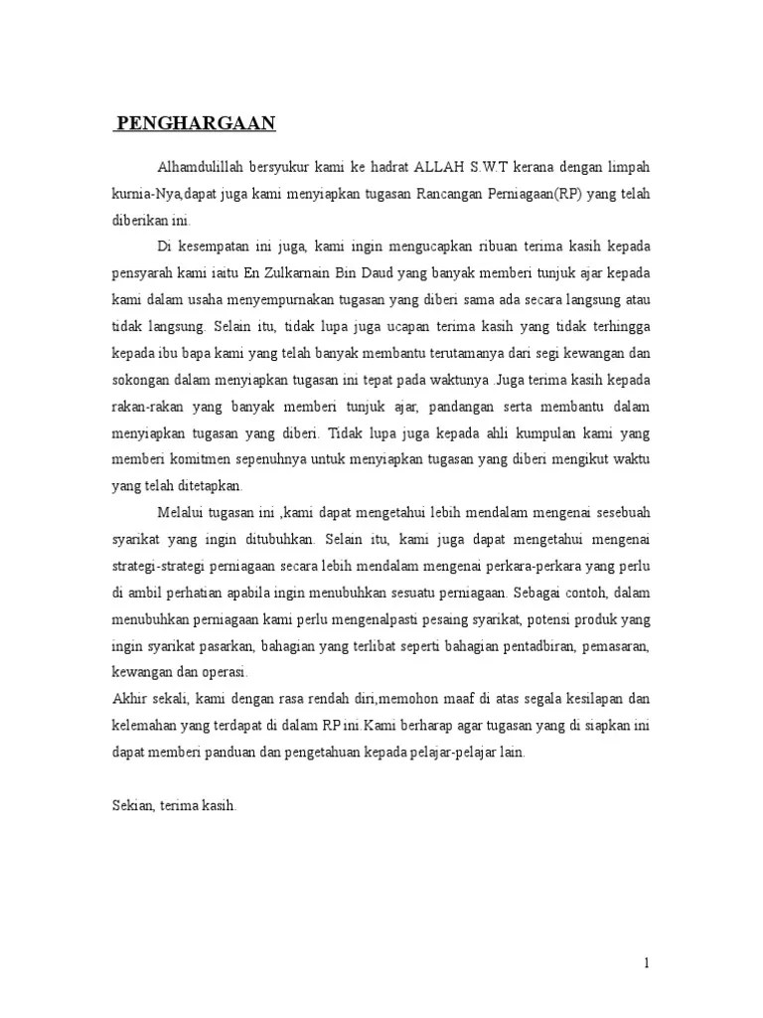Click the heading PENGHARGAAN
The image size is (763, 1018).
click(196, 124)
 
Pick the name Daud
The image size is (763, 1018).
click(373, 272)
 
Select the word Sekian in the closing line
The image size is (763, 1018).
click(131, 806)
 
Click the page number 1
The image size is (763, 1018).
click(647, 963)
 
